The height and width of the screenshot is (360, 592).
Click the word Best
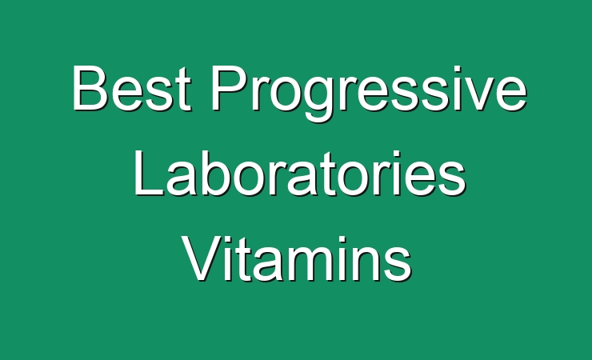point(132,88)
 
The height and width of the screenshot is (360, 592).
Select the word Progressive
point(369,94)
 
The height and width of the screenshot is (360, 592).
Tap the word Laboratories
point(300,174)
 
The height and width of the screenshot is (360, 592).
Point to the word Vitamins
point(297,259)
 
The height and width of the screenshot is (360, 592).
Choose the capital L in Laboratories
point(148,174)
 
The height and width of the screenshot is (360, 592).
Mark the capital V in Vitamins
point(202,260)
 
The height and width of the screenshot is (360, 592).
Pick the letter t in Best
point(182,90)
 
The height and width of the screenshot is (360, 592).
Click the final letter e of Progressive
point(511,94)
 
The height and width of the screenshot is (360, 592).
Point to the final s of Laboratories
point(452,180)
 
